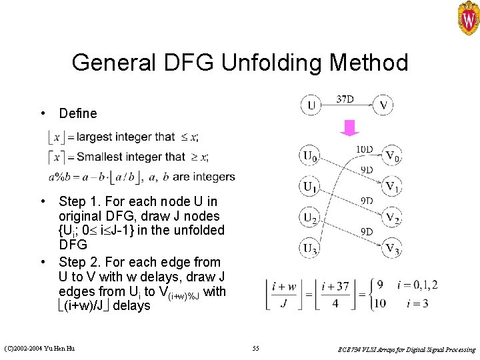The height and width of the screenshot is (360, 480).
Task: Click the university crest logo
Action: tap(468, 17)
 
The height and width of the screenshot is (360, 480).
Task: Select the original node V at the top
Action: tap(383, 105)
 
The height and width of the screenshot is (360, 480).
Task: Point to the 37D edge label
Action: tap(345, 99)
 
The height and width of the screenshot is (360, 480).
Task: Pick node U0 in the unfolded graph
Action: tap(310, 157)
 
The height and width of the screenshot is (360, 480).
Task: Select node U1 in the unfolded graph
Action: tap(310, 187)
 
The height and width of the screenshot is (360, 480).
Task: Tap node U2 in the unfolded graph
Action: tap(310, 217)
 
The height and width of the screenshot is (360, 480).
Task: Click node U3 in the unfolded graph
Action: tap(310, 248)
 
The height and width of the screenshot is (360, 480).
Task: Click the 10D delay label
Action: tap(365, 149)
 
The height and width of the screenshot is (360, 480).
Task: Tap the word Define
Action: tap(78, 113)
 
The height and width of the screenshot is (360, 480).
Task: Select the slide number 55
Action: tap(256, 349)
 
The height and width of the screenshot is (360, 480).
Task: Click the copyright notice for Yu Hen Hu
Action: tap(39, 349)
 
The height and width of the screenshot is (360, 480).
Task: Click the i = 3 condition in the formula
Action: tap(411, 303)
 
